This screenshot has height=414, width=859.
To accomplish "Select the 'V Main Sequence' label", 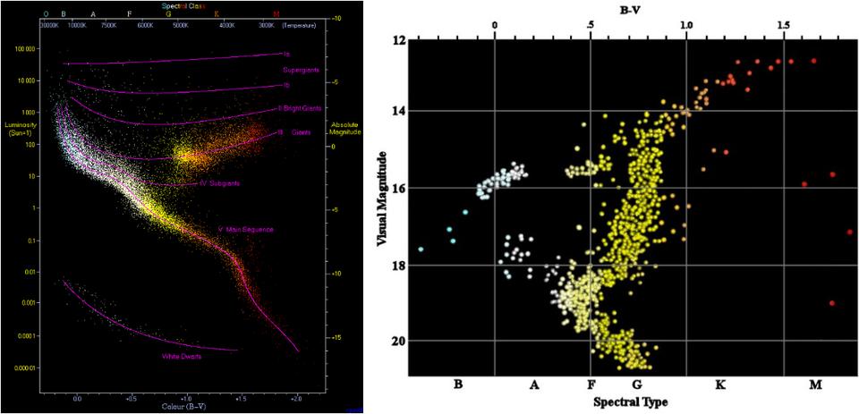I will click(246, 230).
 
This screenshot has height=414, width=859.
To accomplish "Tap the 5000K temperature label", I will click(181, 25).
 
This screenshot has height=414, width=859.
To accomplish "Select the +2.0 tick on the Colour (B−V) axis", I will click(297, 394).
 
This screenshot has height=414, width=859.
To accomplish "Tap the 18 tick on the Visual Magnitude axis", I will click(397, 266).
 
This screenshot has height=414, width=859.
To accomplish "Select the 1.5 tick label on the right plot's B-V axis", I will click(783, 26).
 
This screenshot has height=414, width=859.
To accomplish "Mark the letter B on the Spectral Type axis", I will click(458, 384).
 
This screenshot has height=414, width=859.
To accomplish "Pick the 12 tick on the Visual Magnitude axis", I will click(398, 41).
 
